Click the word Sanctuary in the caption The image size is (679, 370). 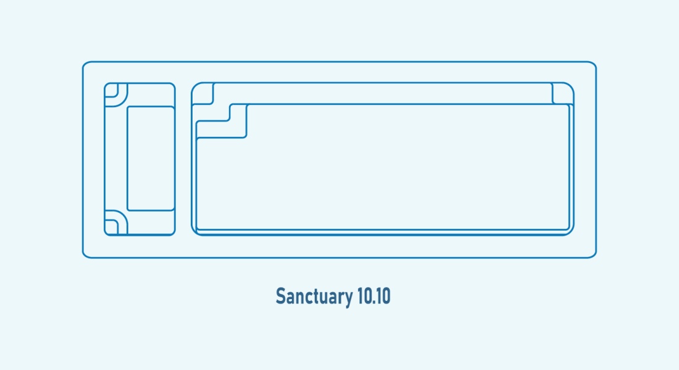click(314, 297)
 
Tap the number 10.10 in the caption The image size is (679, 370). click(374, 297)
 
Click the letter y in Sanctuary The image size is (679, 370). click(348, 299)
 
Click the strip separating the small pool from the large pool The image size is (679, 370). click(183, 159)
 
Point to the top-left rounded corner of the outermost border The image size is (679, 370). click(85, 65)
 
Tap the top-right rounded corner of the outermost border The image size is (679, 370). click(593, 65)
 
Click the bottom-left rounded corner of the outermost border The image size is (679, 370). click(85, 255)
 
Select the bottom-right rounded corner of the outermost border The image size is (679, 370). click(593, 255)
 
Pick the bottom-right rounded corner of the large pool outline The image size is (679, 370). click(571, 232)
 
